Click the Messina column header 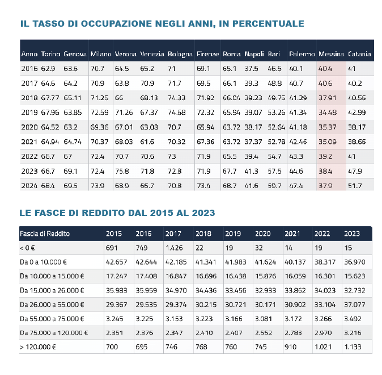331,54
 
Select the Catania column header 359,54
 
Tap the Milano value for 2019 99,113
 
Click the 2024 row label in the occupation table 29,186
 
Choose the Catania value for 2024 355,186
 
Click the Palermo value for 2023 296,171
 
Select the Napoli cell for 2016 251,69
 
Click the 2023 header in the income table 352,234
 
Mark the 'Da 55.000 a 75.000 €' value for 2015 116,318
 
